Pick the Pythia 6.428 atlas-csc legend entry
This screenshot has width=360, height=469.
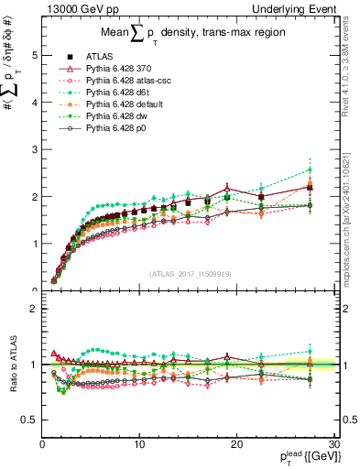(124, 81)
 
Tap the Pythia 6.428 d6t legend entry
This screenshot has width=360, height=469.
(115, 93)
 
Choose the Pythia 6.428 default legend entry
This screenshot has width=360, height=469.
(120, 104)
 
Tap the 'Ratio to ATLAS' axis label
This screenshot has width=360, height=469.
(12, 365)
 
